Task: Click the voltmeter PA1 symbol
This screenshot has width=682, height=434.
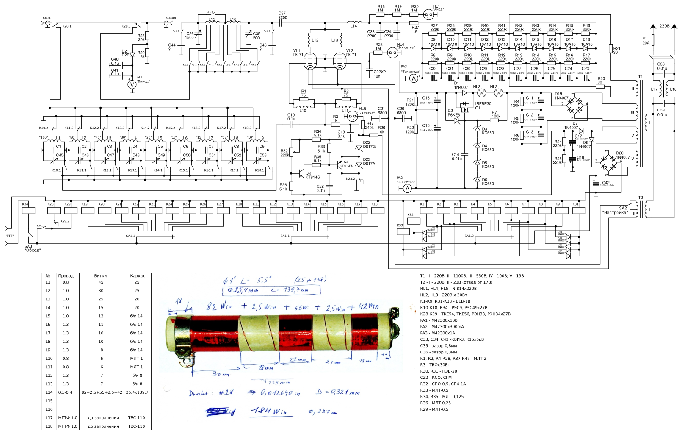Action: [x=132, y=84]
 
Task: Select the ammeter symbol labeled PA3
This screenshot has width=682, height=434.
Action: [x=414, y=78]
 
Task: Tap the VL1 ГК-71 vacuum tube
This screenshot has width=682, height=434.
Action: [x=310, y=62]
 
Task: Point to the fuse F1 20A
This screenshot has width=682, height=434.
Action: [x=654, y=40]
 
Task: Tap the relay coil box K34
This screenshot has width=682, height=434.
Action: [x=28, y=211]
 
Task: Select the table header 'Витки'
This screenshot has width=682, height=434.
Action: [x=100, y=276]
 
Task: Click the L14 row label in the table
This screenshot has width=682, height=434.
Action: [x=49, y=392]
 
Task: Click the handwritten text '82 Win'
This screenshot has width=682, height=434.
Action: [x=220, y=306]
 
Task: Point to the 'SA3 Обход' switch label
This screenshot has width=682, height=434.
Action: [x=32, y=248]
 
